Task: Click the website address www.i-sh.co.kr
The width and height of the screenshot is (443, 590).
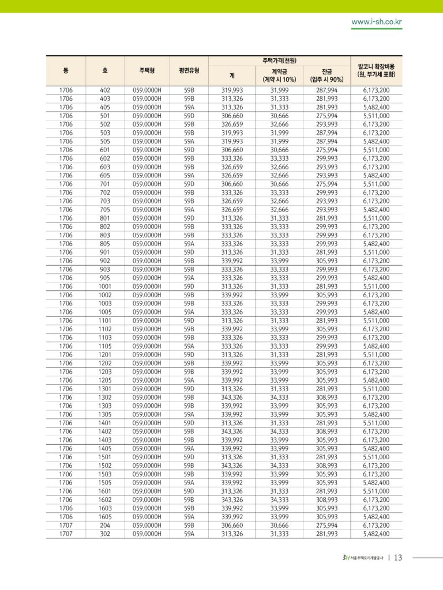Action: pos(377,22)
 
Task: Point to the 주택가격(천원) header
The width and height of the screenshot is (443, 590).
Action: pos(279,60)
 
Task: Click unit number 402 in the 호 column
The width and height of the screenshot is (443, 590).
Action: pos(104,90)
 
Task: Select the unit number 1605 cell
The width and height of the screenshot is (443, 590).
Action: pos(104,517)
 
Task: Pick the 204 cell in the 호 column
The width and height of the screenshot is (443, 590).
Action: pos(104,525)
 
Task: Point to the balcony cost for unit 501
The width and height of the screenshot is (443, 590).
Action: pos(376,116)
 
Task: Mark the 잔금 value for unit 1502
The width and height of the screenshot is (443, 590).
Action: pos(326,466)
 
